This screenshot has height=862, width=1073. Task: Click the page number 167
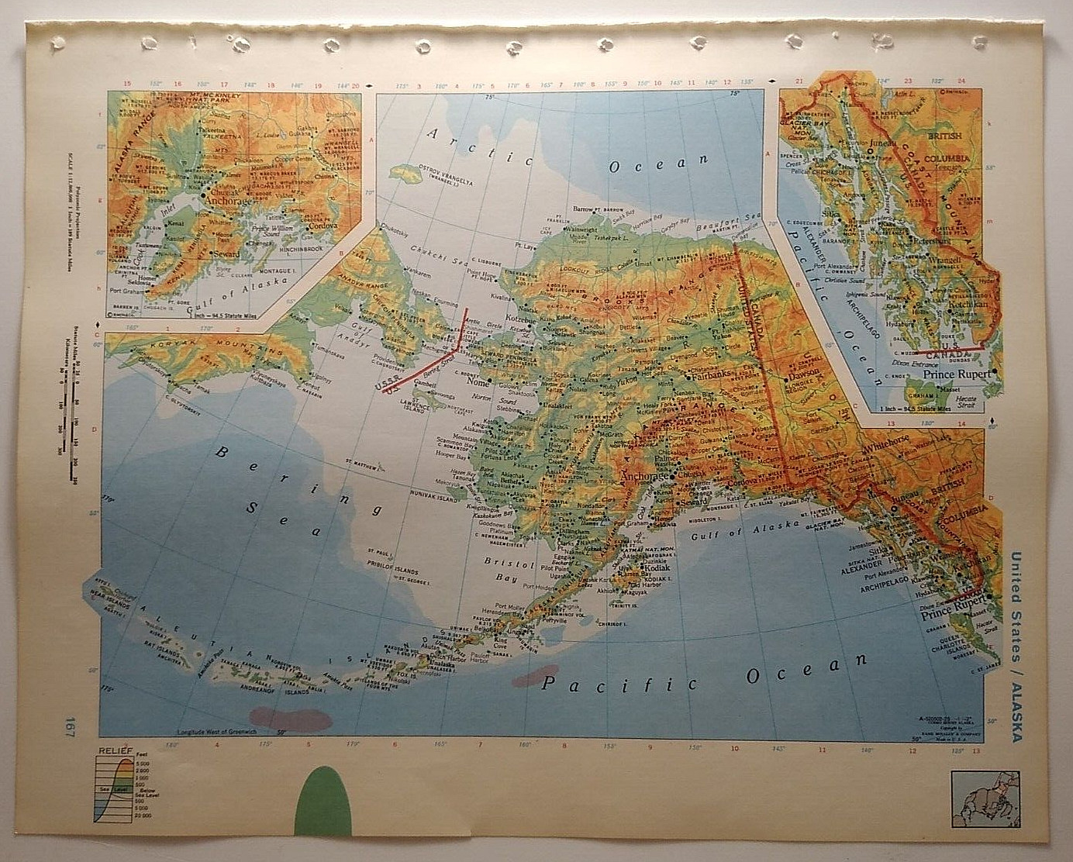(71, 731)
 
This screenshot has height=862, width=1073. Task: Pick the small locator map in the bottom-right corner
(982, 794)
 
